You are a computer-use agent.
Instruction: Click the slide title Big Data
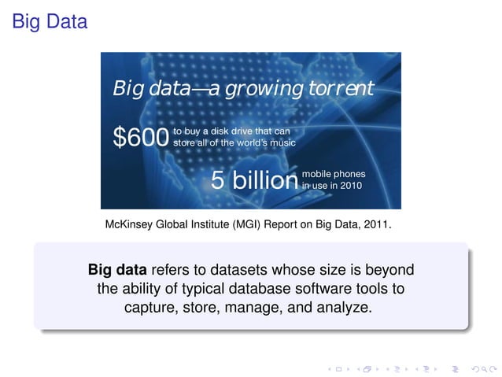(49, 22)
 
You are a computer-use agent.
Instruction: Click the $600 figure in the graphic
(140, 138)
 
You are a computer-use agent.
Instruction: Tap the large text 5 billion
(254, 180)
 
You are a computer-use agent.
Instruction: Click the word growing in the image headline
(264, 88)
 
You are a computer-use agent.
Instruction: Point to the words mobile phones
(334, 174)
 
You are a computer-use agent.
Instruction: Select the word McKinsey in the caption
(131, 225)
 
